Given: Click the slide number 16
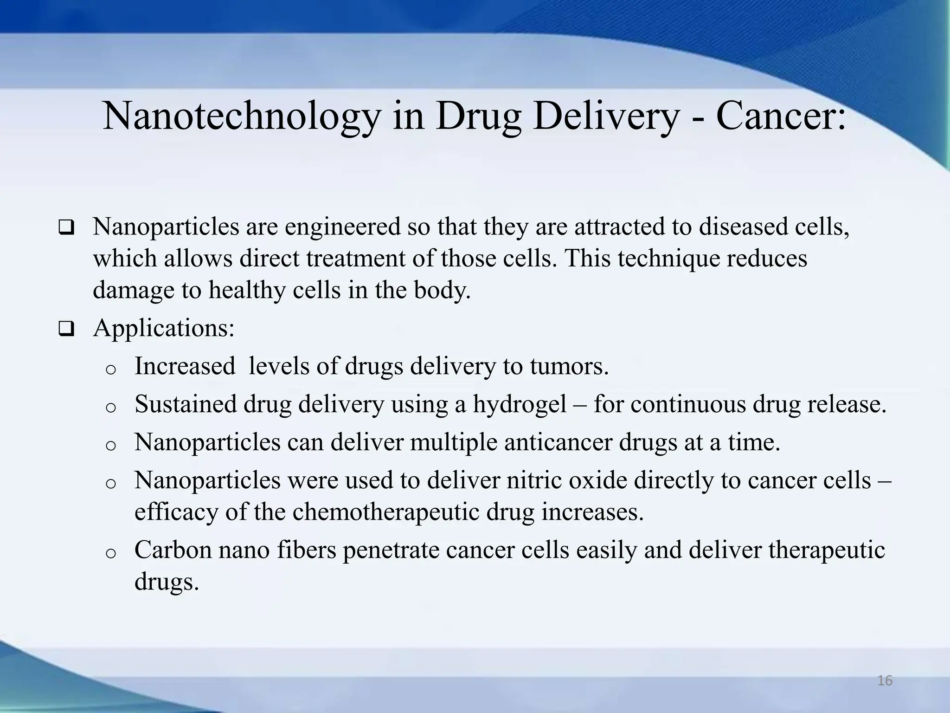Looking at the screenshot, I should [885, 681].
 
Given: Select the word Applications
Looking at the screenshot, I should [164, 329].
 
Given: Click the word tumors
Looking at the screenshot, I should [569, 366].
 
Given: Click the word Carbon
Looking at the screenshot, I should [173, 550].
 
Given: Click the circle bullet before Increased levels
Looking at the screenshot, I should [110, 369].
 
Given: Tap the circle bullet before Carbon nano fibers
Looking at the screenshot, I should [110, 553].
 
